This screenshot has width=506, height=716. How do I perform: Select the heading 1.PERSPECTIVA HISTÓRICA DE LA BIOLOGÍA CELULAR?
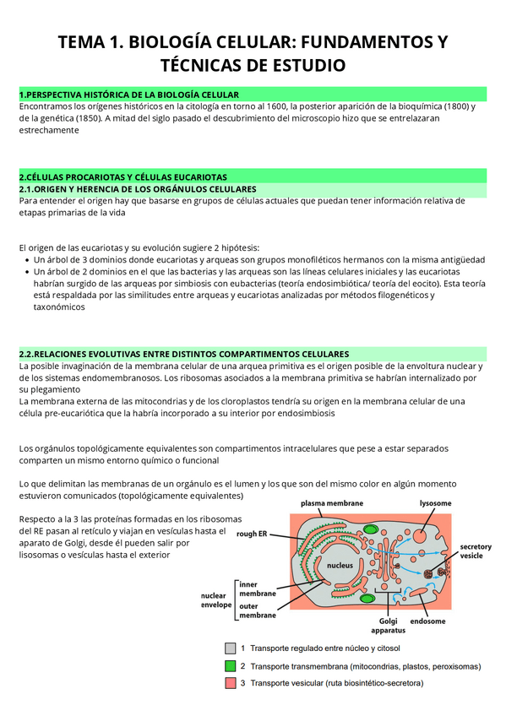click(x=129, y=94)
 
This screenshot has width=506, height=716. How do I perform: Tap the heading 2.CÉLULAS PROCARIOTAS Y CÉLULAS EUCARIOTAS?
click(x=123, y=176)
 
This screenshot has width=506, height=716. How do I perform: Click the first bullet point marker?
click(x=25, y=260)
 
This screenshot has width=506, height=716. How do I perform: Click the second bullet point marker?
click(x=25, y=272)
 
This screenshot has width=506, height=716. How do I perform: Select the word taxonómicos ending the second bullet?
click(x=59, y=307)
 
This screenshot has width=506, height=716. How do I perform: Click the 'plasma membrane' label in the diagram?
click(x=332, y=503)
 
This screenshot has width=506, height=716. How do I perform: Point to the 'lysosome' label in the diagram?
click(x=435, y=503)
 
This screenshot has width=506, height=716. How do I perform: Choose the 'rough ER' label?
click(x=252, y=534)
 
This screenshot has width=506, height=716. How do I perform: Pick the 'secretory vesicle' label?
click(x=475, y=551)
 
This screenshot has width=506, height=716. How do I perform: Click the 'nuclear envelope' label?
click(x=215, y=599)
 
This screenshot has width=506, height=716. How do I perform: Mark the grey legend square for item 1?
click(x=230, y=648)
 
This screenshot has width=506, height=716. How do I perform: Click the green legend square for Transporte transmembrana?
click(x=230, y=665)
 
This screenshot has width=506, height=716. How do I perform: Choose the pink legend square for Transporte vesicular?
click(x=230, y=682)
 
